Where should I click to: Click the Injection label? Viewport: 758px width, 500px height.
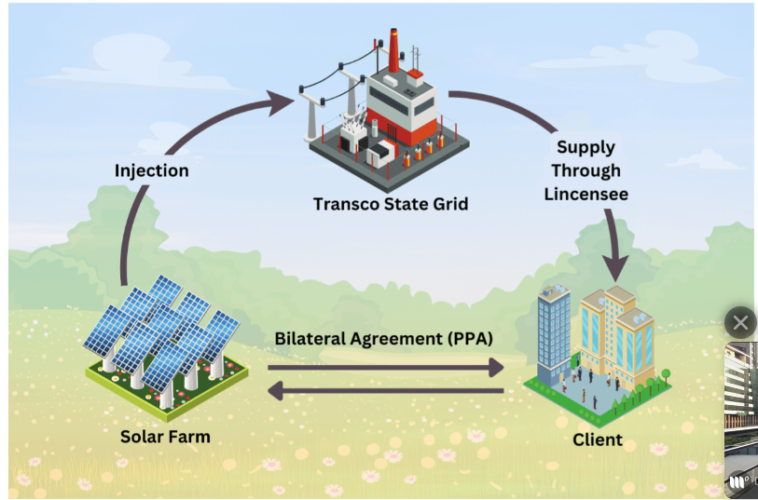151,170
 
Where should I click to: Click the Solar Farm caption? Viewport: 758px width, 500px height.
165,436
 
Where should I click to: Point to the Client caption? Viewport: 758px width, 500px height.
598,439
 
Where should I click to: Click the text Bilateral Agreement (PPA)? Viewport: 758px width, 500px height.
383,339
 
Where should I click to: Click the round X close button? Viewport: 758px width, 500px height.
740,323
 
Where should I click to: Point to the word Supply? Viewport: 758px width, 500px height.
586,147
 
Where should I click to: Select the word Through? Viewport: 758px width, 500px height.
586,170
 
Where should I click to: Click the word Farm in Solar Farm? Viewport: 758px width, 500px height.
190,436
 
